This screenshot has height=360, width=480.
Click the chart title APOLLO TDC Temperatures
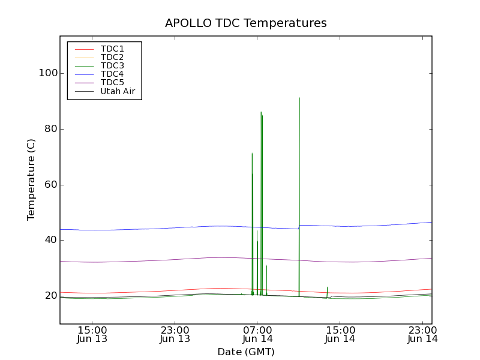click(x=246, y=23)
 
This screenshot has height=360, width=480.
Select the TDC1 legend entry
click(x=112, y=49)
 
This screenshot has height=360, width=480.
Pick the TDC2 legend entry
click(x=112, y=57)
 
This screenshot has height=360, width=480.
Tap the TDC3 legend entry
click(x=112, y=65)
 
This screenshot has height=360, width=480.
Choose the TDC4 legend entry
click(x=112, y=74)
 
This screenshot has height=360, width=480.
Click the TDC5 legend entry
click(x=112, y=82)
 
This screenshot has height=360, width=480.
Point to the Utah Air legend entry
click(x=118, y=91)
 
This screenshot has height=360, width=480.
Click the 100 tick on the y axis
click(x=47, y=73)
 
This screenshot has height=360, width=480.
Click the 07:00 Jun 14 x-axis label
click(x=257, y=334)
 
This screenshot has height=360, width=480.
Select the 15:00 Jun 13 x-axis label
click(x=92, y=334)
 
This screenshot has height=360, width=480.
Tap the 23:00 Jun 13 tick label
click(x=175, y=334)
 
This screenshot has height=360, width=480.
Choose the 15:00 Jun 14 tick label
click(x=340, y=334)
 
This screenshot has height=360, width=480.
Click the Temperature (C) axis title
click(x=31, y=179)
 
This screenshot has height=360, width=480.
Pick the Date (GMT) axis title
click(x=246, y=352)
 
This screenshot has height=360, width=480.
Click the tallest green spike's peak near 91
click(x=299, y=98)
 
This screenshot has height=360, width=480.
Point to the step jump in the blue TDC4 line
click(x=299, y=227)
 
